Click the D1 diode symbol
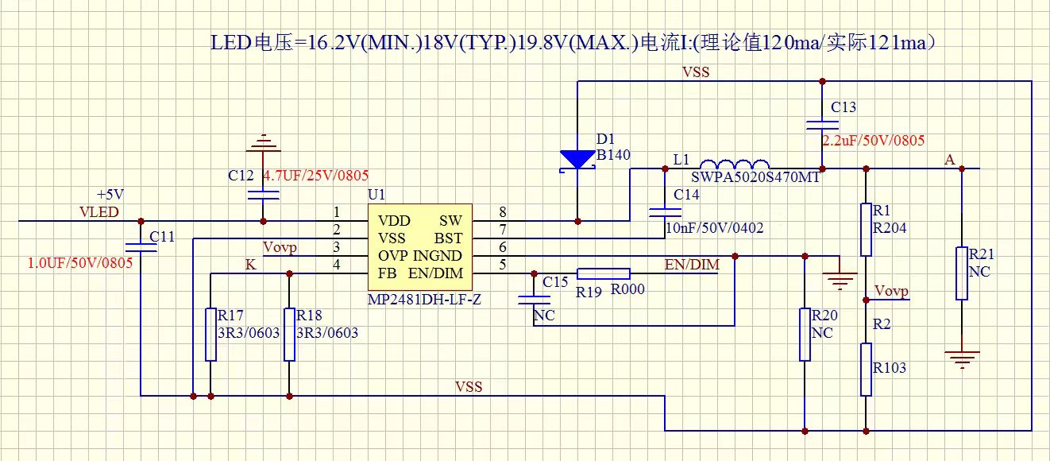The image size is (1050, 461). (577, 160)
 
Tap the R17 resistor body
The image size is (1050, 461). (210, 334)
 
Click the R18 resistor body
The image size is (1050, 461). (289, 334)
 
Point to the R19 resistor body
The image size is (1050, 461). (603, 273)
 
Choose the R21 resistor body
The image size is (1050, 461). (962, 273)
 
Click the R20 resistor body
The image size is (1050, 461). (805, 334)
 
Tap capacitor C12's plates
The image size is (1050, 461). (264, 193)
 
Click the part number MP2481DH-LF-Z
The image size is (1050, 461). (424, 300)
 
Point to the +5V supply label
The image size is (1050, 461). (110, 194)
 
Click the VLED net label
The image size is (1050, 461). (99, 211)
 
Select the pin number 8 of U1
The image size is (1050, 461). (503, 212)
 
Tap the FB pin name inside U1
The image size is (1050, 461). (388, 273)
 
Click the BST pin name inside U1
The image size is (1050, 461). (446, 238)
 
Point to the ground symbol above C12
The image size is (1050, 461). (264, 144)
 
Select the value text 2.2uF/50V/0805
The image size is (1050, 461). (873, 141)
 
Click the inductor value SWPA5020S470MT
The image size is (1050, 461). (755, 177)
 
